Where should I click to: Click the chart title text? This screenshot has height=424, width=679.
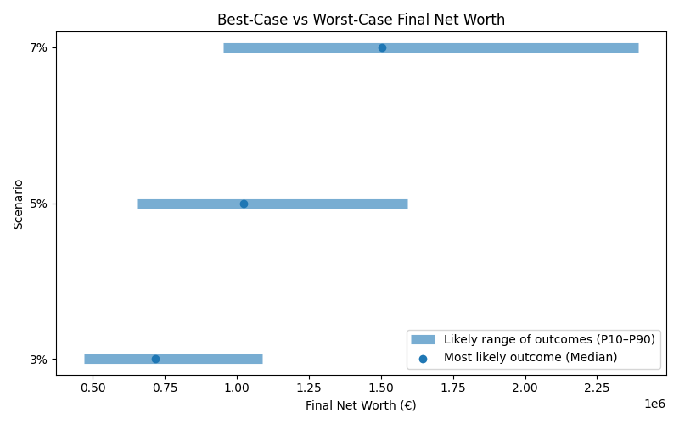[361, 19]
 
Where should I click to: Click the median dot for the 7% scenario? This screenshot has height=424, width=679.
[382, 47]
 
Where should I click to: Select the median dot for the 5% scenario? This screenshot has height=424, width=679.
[244, 204]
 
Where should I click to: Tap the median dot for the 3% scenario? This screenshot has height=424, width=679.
[155, 359]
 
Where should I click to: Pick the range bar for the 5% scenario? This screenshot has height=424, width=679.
[339, 204]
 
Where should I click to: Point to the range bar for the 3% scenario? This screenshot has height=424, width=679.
[212, 359]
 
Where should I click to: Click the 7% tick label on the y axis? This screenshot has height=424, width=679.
[38, 47]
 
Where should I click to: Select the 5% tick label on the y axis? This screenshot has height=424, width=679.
[38, 204]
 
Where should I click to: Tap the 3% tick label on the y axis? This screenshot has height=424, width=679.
[38, 359]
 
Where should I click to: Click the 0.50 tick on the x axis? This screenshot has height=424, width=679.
[93, 388]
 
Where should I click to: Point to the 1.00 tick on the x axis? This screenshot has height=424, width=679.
[237, 388]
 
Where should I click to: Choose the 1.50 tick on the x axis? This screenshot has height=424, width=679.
[381, 388]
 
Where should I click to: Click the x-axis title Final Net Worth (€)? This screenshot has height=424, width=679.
[361, 405]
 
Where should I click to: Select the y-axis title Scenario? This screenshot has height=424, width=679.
[19, 204]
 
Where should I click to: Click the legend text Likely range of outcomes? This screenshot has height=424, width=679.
[549, 339]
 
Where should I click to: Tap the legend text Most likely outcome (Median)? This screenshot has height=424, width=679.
[530, 357]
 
